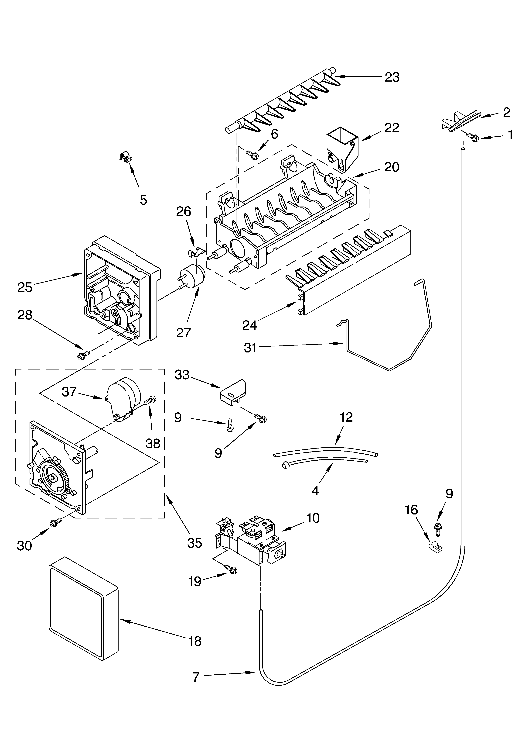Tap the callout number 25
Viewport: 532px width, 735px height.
click(25, 287)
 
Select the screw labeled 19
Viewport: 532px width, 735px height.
click(231, 569)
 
